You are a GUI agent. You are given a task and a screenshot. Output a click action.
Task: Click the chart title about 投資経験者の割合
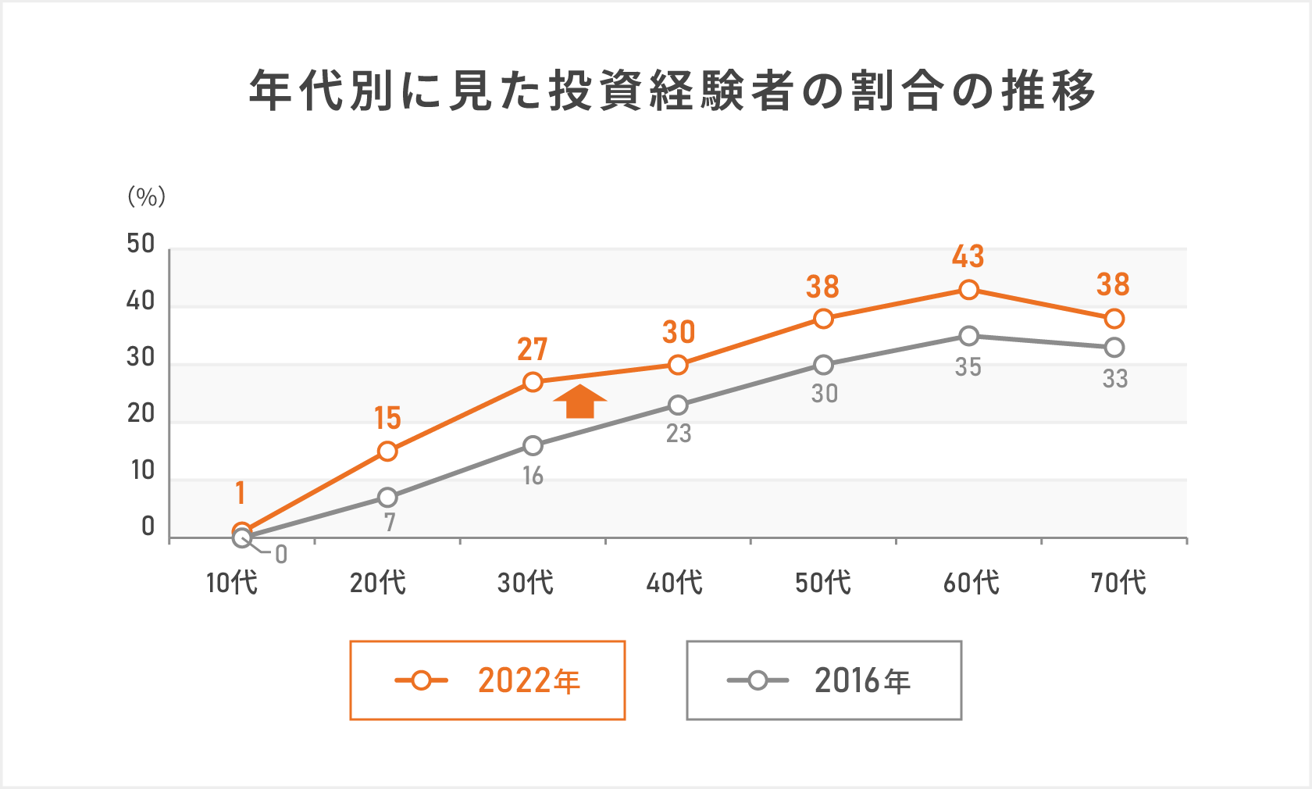pyautogui.click(x=672, y=91)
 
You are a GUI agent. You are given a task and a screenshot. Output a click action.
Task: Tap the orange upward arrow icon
pyautogui.click(x=579, y=402)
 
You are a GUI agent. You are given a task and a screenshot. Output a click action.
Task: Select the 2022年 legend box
pyautogui.click(x=487, y=680)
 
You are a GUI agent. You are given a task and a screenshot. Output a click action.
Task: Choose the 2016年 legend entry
pyautogui.click(x=824, y=680)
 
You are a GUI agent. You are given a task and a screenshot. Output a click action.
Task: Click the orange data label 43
pyautogui.click(x=968, y=256)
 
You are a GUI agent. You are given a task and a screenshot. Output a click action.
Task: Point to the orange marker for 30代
pyautogui.click(x=533, y=382)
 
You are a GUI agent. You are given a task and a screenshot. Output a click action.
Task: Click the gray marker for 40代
pyautogui.click(x=678, y=405)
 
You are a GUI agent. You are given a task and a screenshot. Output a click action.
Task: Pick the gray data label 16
pyautogui.click(x=533, y=476)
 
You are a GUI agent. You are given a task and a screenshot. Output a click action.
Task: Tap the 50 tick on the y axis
pyautogui.click(x=141, y=244)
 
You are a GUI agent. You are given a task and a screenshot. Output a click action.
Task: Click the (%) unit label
pyautogui.click(x=147, y=196)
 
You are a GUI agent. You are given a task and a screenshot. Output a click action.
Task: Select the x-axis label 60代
pyautogui.click(x=971, y=583)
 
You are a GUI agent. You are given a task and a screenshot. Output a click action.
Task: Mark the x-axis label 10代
pyautogui.click(x=231, y=583)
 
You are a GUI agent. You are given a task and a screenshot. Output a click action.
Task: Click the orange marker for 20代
pyautogui.click(x=387, y=451)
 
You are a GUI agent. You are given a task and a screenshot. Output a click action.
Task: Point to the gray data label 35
pyautogui.click(x=968, y=367)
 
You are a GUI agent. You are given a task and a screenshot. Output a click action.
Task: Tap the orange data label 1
pyautogui.click(x=241, y=493)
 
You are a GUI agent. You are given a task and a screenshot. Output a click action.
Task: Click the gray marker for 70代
pyautogui.click(x=1114, y=348)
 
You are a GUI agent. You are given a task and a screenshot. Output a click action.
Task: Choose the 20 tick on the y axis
pyautogui.click(x=141, y=414)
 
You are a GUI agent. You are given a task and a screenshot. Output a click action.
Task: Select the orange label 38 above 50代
pyautogui.click(x=823, y=287)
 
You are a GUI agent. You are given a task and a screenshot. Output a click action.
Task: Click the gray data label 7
pyautogui.click(x=390, y=522)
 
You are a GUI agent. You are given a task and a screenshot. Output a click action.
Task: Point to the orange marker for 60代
pyautogui.click(x=968, y=290)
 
